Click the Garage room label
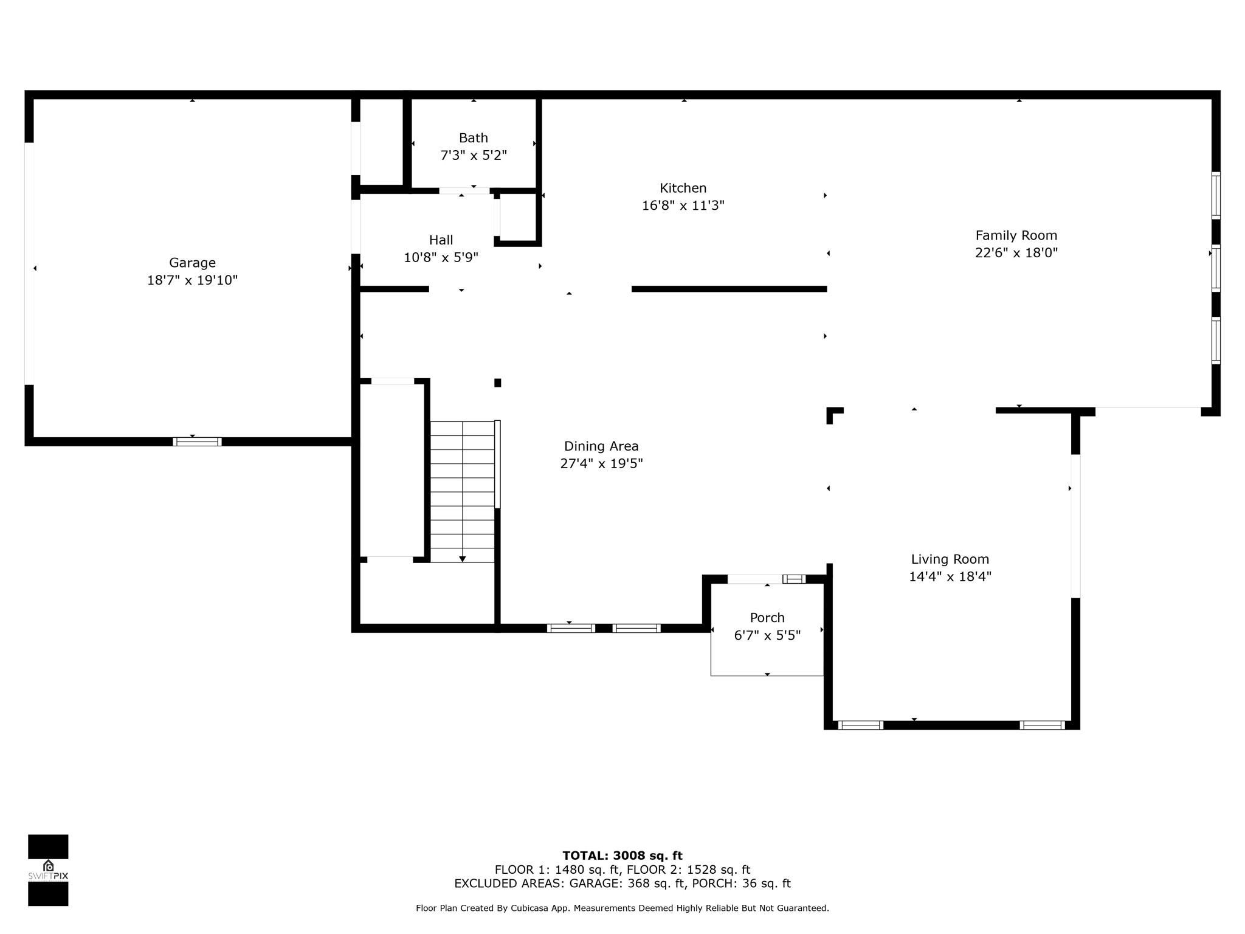click(192, 263)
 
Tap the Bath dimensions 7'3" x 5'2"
click(474, 155)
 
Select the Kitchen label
click(683, 188)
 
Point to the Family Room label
click(1016, 235)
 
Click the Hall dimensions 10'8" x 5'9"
click(441, 257)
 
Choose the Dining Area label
click(601, 446)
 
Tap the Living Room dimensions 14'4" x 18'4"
click(950, 576)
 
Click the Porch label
click(767, 618)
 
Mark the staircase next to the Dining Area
click(463, 491)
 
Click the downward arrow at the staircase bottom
click(463, 559)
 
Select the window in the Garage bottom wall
click(197, 441)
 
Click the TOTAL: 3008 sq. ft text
click(622, 856)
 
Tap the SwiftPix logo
click(48, 870)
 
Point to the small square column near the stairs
click(497, 382)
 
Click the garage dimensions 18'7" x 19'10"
click(192, 280)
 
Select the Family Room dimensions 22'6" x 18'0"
click(1016, 253)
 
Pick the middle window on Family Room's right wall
click(1216, 268)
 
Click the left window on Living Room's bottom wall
click(860, 725)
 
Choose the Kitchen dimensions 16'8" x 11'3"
click(683, 206)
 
